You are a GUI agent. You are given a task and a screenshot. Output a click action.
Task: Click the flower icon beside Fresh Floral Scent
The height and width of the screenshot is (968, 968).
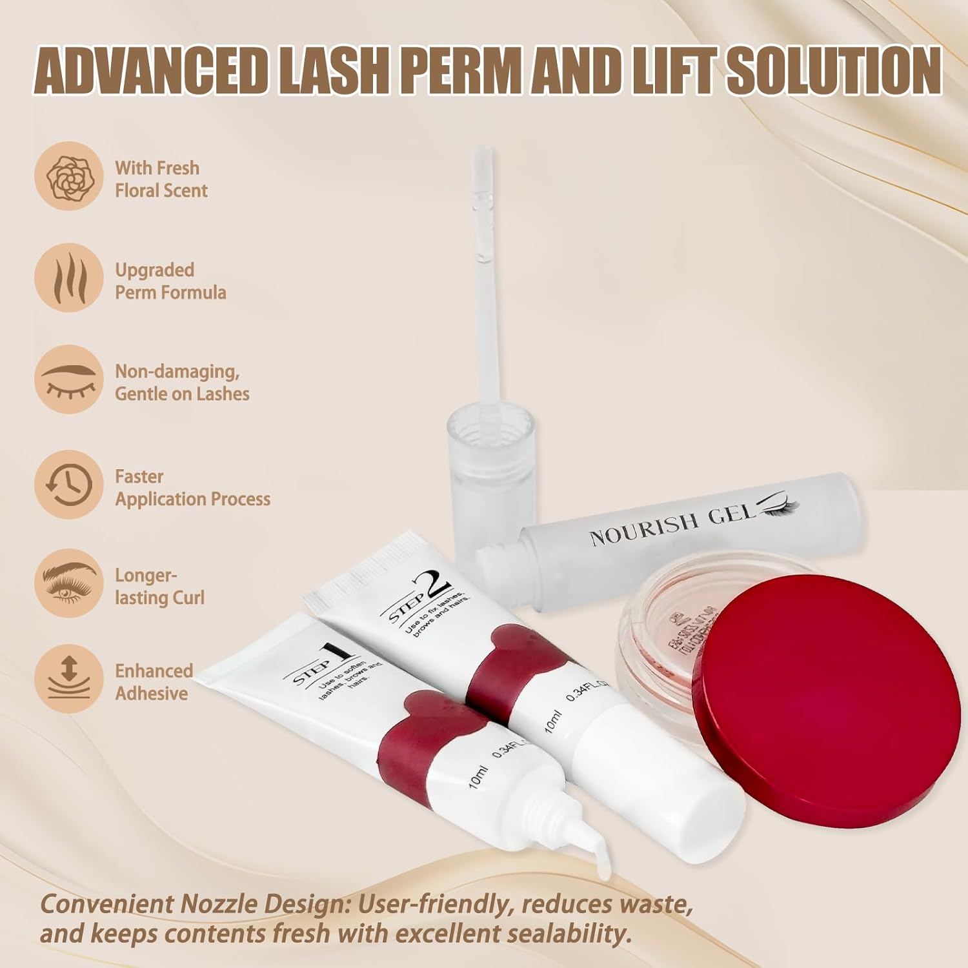tap(68, 176)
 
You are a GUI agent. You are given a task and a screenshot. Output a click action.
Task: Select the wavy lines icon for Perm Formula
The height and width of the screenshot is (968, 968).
tap(68, 278)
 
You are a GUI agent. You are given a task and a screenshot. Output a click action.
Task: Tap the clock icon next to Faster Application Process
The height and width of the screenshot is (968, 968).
tap(68, 485)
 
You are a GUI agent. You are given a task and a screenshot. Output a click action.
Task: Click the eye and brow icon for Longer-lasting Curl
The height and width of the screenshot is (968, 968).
tap(68, 583)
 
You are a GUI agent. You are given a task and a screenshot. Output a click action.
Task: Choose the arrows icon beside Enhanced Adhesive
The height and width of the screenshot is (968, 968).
tap(68, 679)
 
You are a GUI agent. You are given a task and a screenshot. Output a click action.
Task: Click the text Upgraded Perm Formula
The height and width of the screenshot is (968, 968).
tap(170, 281)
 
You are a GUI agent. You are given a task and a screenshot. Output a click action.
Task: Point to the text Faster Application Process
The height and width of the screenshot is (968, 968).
tap(192, 488)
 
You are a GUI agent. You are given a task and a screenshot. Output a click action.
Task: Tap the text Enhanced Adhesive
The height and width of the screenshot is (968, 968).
tap(154, 682)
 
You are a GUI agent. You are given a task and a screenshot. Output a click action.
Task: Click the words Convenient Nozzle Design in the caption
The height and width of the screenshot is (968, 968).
tap(194, 905)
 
